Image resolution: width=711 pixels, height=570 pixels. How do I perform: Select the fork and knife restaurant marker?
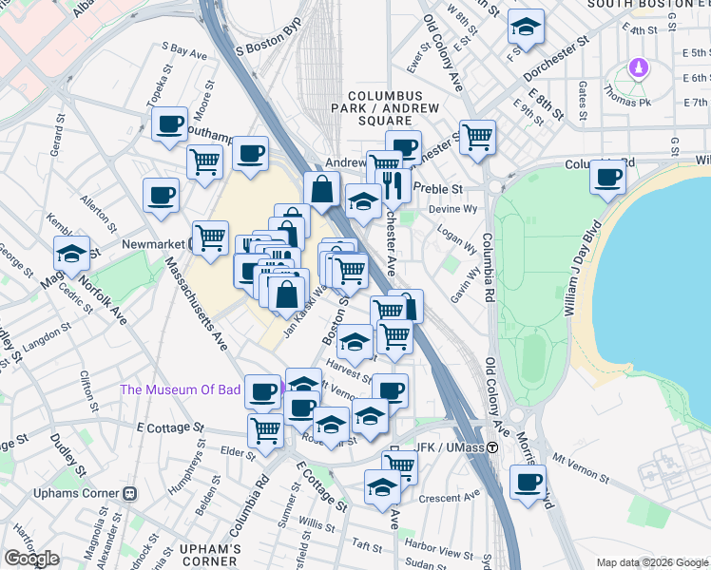[393, 181]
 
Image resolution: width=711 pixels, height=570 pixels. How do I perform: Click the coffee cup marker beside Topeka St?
[170, 124]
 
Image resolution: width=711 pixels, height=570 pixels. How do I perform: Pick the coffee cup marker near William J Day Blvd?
[607, 177]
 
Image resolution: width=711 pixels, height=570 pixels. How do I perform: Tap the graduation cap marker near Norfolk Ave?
[71, 254]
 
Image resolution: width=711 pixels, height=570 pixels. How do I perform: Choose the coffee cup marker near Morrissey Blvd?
[528, 481]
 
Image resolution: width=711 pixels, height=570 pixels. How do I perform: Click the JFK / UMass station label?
[446, 449]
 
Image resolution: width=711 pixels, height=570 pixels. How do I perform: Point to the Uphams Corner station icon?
[129, 494]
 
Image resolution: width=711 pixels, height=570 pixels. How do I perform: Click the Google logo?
[31, 558]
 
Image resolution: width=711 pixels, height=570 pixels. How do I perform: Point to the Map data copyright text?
[652, 562]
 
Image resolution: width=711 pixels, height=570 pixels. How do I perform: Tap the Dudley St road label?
[68, 457]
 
